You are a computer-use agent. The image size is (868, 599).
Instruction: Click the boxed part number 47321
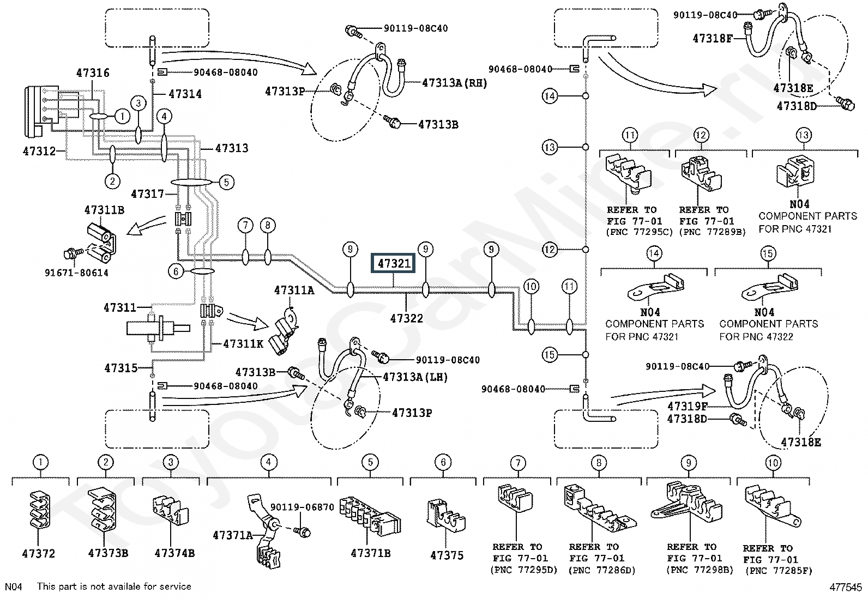(x=393, y=263)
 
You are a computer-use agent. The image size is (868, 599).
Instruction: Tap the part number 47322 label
(x=407, y=318)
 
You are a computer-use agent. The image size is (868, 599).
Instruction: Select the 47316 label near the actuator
(x=93, y=73)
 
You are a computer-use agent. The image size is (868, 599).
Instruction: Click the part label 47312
(x=39, y=151)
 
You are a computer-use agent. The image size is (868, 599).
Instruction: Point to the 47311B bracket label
(x=104, y=210)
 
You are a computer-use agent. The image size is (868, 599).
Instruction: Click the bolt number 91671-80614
(x=77, y=273)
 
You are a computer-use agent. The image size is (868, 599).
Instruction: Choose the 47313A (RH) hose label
(x=454, y=83)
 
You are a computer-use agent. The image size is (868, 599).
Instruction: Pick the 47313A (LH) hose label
(x=415, y=377)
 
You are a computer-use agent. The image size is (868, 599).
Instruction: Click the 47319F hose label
(x=688, y=406)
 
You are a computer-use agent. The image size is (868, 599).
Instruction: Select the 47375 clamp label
(x=447, y=555)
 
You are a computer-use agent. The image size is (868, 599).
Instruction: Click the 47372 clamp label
(x=38, y=554)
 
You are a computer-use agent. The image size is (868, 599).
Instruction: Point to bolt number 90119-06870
(x=302, y=507)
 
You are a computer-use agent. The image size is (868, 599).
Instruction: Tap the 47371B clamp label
(x=370, y=553)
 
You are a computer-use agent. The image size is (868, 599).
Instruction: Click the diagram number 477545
(x=846, y=588)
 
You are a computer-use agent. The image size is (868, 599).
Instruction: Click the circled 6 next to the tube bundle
(x=176, y=271)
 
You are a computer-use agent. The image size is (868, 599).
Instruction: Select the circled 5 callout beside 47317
(x=227, y=182)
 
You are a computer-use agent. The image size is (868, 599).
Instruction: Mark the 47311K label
(x=243, y=344)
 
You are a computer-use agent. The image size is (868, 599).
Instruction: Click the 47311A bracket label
(x=294, y=290)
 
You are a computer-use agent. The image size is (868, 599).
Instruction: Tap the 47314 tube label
(x=185, y=94)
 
